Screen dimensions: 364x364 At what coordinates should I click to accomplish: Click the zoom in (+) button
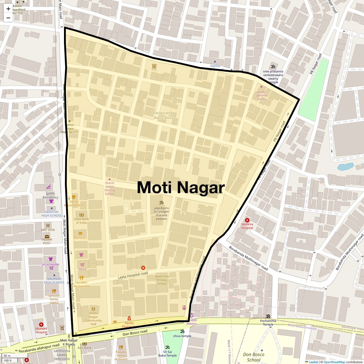8,9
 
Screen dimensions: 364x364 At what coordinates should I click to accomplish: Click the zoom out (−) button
8,18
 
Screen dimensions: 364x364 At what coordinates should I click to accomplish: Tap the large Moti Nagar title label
181,187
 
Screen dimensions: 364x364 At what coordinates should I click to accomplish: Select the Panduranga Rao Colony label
163,115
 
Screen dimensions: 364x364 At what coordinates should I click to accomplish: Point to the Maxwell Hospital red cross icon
41,325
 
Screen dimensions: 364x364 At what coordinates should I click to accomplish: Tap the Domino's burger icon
80,234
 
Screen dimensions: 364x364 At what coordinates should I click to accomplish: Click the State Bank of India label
81,221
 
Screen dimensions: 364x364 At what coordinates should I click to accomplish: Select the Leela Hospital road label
133,276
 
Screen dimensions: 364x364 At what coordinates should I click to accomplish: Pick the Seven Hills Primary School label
162,280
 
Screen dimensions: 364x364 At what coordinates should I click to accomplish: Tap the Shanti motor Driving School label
110,188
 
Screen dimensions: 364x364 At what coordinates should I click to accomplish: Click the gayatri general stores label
261,95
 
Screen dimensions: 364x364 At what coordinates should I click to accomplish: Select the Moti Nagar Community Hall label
93,318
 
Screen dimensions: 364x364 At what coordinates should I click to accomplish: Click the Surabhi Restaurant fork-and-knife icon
81,278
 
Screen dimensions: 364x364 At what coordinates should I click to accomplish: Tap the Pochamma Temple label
268,322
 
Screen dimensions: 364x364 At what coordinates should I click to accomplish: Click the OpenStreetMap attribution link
334,362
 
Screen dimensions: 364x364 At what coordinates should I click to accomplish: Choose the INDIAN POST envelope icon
47,236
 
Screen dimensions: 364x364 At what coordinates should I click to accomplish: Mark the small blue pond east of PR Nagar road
345,167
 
